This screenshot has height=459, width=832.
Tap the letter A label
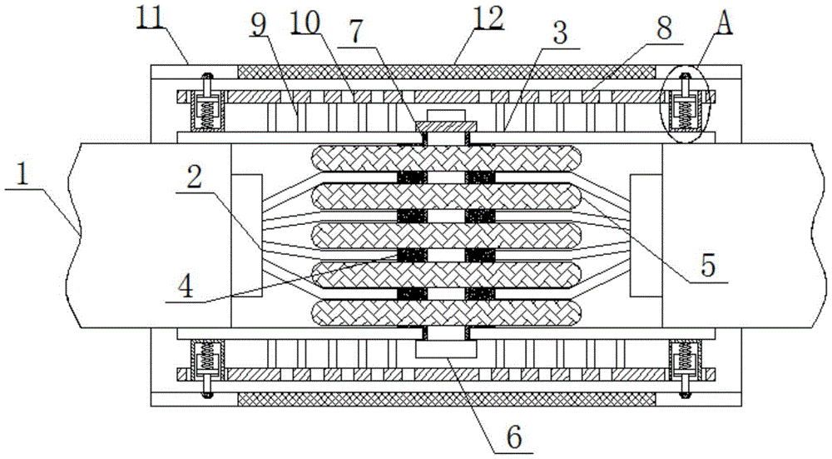pyautogui.click(x=724, y=23)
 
